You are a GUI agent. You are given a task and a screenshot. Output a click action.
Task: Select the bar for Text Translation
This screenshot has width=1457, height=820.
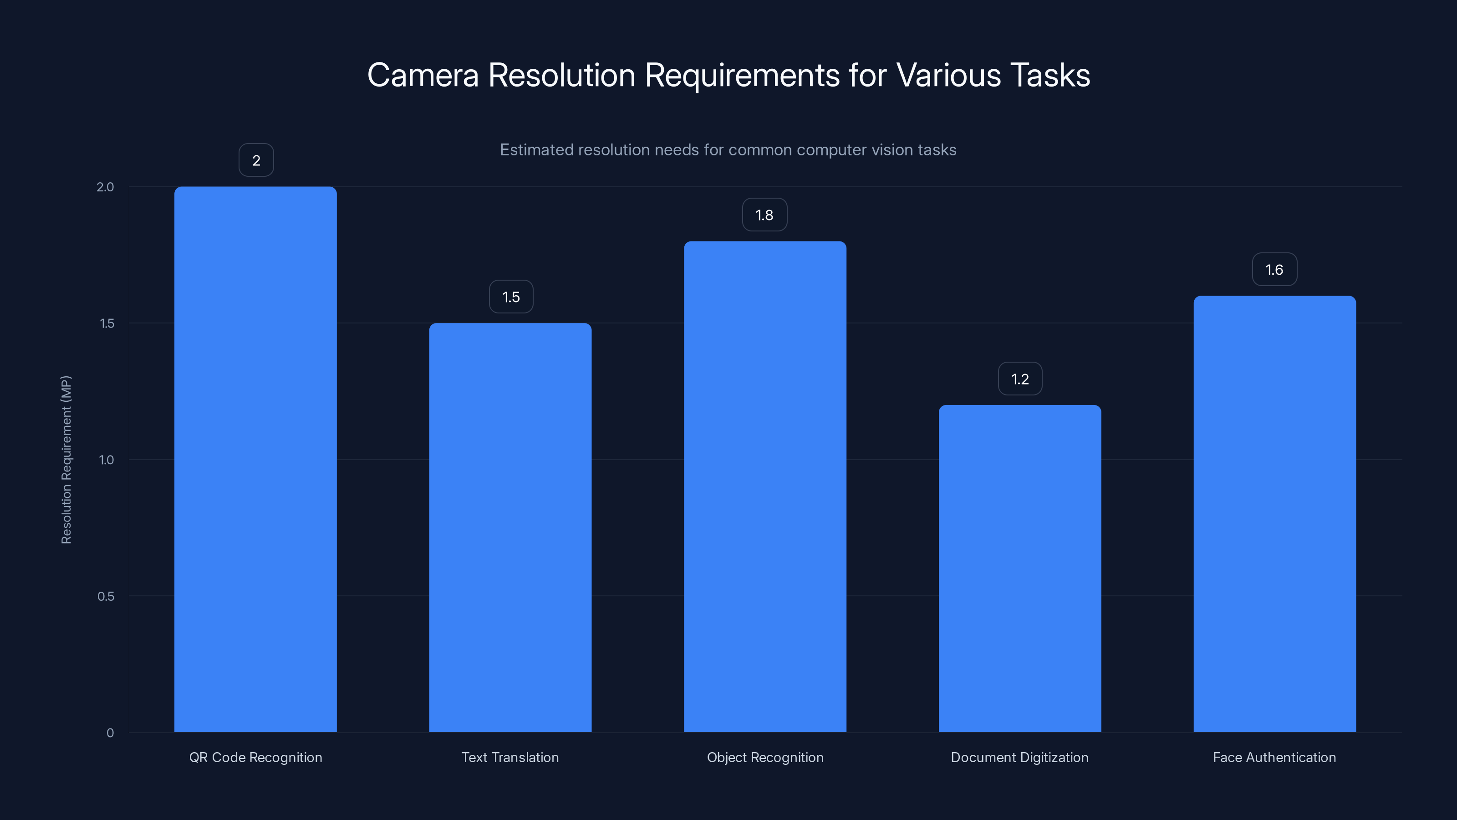[510, 528]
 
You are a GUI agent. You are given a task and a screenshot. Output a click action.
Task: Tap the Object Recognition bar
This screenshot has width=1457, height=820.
[765, 487]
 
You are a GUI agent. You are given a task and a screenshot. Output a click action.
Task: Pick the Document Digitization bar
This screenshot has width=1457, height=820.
[1020, 568]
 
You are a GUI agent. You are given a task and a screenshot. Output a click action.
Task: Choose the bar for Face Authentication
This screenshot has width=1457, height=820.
[1274, 514]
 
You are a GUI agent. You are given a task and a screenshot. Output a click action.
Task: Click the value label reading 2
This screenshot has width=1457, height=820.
[256, 161]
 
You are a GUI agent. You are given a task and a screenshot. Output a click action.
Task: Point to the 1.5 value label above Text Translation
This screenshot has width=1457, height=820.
[511, 297]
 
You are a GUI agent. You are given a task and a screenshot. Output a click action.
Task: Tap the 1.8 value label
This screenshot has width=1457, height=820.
[764, 215]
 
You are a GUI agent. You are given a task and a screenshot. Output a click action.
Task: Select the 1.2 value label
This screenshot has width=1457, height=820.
[1020, 379]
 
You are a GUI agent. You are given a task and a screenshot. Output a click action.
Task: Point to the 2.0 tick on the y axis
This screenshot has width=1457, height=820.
[105, 187]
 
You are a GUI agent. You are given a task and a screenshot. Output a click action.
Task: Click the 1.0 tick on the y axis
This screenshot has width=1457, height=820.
[107, 460]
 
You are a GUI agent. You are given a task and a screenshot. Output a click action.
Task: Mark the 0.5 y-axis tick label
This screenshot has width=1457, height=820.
[106, 596]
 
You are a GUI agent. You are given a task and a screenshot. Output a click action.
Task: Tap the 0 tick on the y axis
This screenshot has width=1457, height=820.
[110, 733]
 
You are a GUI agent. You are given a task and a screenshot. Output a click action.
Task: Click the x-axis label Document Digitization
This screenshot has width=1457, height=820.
[1019, 757]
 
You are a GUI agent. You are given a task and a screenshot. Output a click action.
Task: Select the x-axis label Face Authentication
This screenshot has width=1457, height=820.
[1274, 757]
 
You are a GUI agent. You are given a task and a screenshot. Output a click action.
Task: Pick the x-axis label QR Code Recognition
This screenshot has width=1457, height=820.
[255, 757]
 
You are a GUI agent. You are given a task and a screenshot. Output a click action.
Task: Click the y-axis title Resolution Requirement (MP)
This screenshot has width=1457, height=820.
[66, 460]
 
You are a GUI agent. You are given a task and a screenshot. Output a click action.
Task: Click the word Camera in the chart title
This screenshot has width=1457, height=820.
[423, 75]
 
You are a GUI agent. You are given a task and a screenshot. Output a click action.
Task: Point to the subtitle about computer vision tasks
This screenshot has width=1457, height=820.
[728, 150]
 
